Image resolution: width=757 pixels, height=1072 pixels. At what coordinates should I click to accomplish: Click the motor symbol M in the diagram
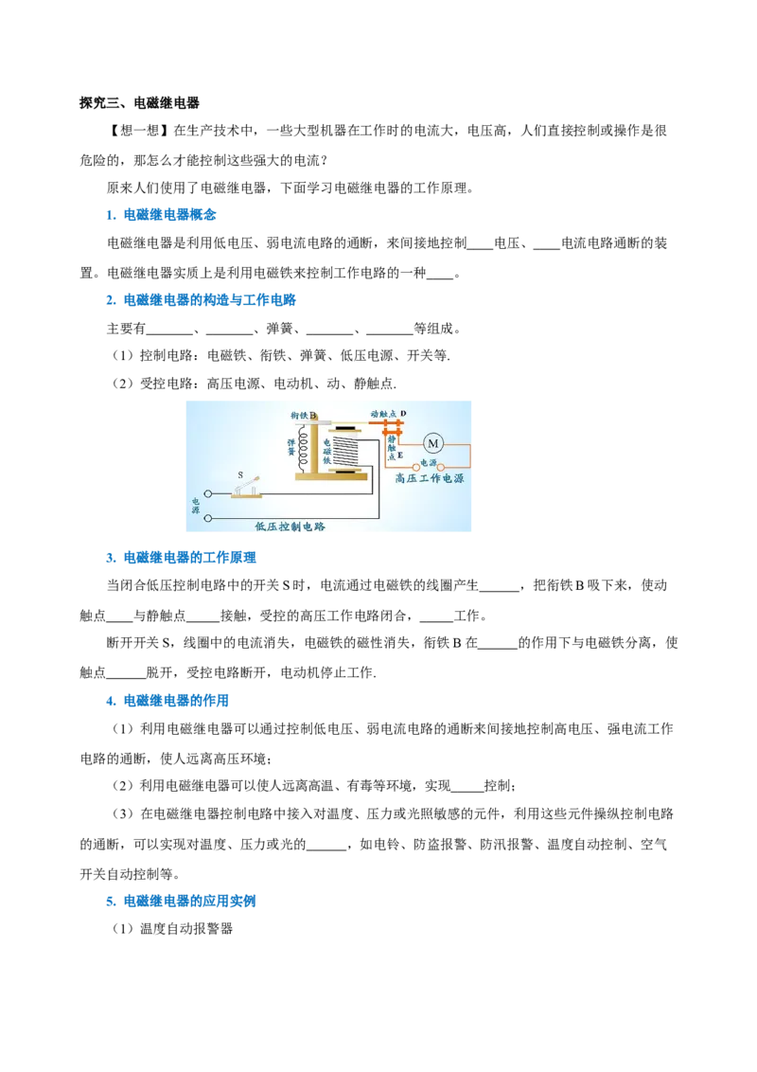(432, 444)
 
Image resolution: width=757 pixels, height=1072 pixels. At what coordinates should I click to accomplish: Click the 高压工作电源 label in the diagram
(429, 478)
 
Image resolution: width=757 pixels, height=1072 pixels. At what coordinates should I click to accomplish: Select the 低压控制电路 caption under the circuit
(290, 527)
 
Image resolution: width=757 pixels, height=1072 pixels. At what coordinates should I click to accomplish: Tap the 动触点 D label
(388, 414)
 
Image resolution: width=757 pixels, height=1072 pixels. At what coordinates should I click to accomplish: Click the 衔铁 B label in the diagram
(304, 415)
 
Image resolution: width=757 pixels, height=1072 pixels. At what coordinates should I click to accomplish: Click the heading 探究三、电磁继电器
(139, 103)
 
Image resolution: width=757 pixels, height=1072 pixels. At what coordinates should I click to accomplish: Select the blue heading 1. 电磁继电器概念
(161, 215)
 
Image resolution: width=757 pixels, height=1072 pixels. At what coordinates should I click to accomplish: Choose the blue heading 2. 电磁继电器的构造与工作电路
(202, 299)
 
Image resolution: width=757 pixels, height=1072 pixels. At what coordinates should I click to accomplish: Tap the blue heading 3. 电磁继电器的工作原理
(181, 557)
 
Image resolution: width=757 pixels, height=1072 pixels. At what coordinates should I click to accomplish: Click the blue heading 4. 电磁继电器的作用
(167, 700)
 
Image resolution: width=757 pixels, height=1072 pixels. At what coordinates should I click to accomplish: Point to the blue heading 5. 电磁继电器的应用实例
(181, 901)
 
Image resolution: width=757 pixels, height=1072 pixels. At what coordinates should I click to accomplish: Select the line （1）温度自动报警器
(173, 928)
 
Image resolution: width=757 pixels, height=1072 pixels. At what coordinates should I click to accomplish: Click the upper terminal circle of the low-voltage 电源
(208, 493)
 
